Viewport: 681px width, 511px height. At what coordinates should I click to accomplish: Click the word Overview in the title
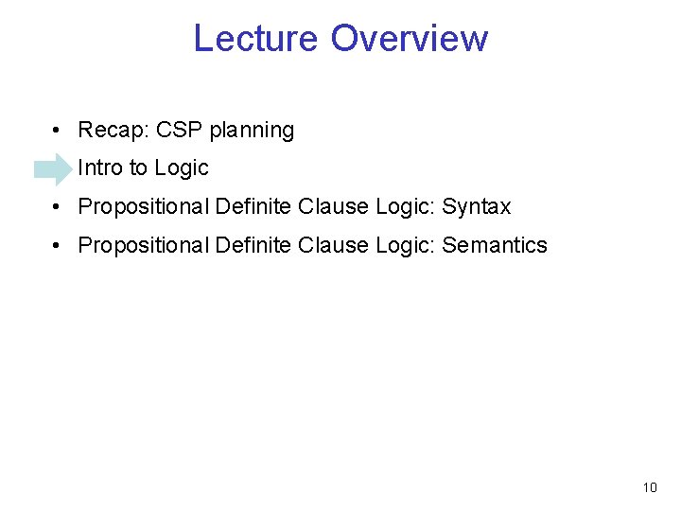410,39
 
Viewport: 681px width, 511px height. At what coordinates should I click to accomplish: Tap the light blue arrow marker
53,169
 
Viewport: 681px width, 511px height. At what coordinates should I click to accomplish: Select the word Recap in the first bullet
109,131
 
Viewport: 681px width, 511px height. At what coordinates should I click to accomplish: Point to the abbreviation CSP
175,130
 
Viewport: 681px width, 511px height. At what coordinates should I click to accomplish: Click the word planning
252,131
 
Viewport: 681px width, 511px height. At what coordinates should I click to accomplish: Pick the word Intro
100,168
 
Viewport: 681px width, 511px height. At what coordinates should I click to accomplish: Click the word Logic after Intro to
181,169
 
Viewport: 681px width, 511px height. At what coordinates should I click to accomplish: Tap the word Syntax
477,207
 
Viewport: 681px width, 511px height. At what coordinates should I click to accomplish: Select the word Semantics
495,245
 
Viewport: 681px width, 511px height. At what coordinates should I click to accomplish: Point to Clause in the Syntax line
332,206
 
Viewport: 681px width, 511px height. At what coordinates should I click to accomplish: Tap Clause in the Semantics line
332,245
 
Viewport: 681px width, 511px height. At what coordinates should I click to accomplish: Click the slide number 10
649,487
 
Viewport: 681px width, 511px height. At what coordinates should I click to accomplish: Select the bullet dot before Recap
59,131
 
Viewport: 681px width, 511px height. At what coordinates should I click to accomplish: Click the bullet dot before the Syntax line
59,207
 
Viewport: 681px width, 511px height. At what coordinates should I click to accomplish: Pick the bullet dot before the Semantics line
59,246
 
